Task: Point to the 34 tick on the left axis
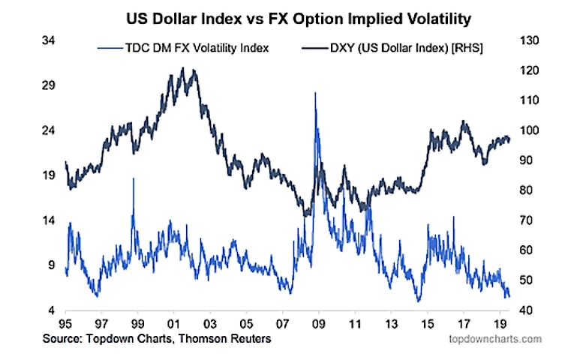coord(47,40)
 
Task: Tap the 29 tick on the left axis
coord(47,85)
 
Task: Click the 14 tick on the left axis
coord(47,220)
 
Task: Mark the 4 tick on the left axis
coord(50,310)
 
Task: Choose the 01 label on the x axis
coord(173,325)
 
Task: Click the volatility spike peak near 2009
coord(315,93)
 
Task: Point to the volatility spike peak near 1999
coord(134,179)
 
